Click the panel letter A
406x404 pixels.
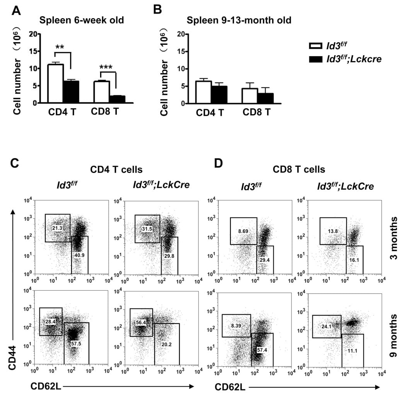point(16,10)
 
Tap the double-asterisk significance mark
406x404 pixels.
point(60,47)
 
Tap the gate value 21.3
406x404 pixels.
point(57,228)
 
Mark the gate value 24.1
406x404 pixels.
point(326,326)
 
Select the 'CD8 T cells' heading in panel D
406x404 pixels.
point(299,169)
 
